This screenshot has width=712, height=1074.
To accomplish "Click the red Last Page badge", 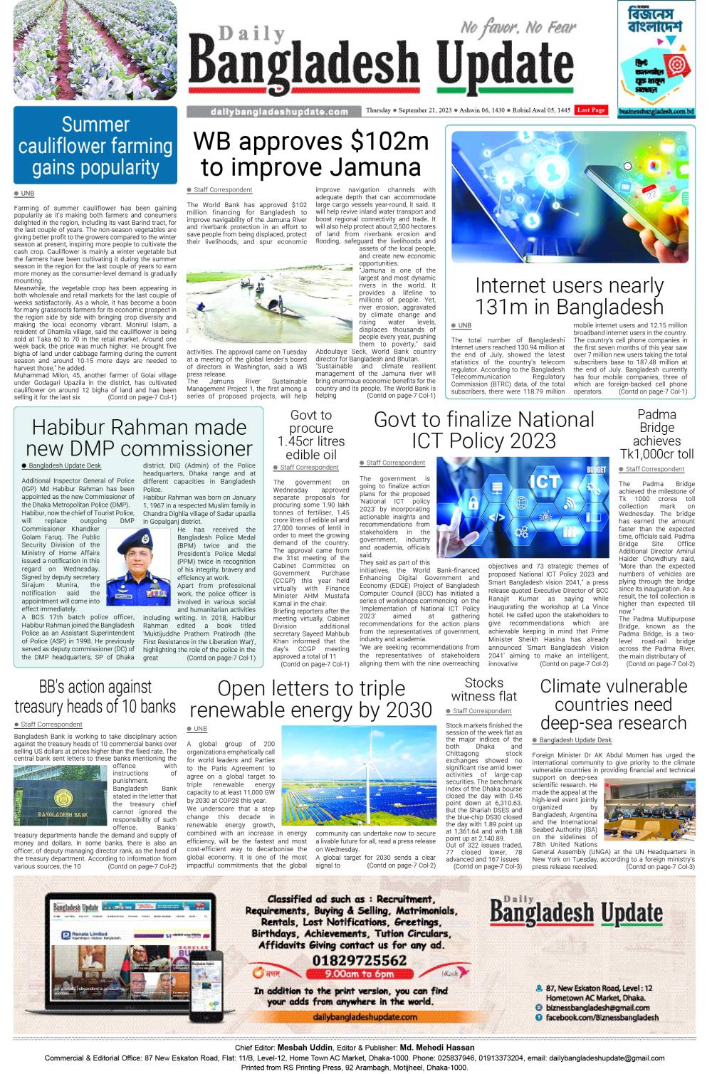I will (x=591, y=110).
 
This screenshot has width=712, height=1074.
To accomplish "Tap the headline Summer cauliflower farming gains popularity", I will (x=95, y=146).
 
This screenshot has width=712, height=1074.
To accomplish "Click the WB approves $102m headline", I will (x=310, y=154).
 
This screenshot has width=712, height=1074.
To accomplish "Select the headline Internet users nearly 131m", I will (x=569, y=296).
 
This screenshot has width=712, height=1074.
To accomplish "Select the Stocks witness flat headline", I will (x=483, y=690).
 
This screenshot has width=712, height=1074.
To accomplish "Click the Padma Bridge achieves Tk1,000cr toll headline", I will (x=656, y=434).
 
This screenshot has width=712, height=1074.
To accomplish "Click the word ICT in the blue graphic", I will (x=543, y=482).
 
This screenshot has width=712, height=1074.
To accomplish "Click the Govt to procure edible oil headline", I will (x=311, y=435).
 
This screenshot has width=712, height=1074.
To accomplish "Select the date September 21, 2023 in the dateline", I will (x=425, y=110).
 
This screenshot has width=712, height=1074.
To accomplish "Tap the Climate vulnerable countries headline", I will (x=613, y=705).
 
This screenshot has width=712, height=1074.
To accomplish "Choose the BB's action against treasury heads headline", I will (x=95, y=697).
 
